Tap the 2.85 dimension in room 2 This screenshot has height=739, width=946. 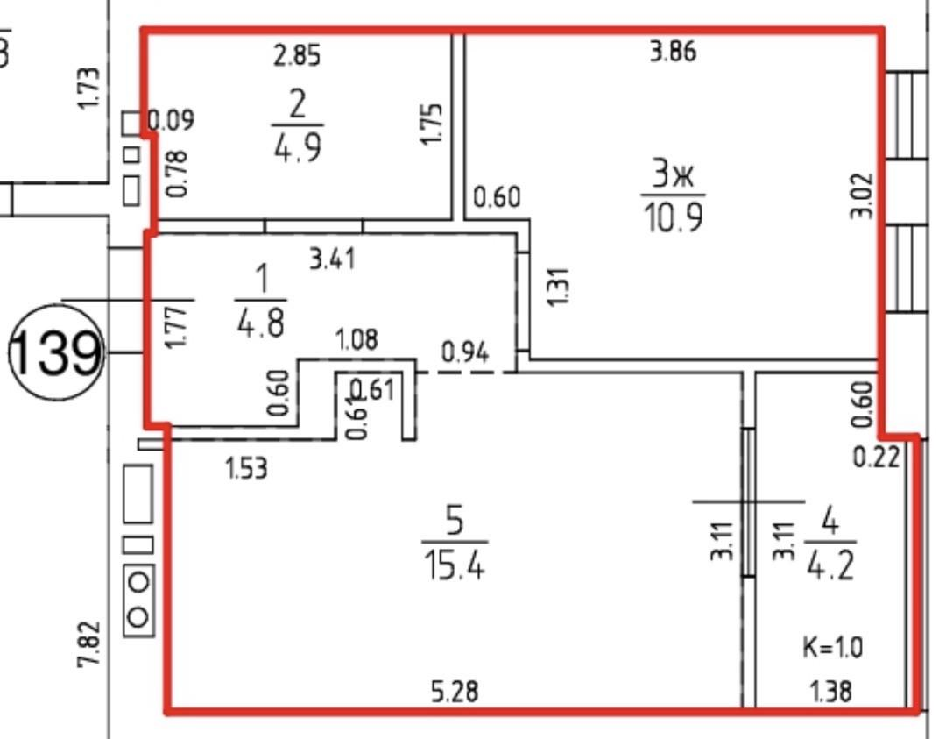tap(297, 56)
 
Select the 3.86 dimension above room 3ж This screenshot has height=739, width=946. tap(673, 53)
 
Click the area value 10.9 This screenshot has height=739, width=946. tap(674, 217)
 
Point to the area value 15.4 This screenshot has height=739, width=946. tap(454, 566)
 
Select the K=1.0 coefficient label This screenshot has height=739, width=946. tap(832, 649)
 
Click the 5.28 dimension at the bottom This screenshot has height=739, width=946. tap(454, 693)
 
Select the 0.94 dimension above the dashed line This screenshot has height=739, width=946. tap(465, 352)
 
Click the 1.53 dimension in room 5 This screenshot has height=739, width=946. tap(246, 470)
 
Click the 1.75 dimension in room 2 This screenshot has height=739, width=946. tap(432, 124)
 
